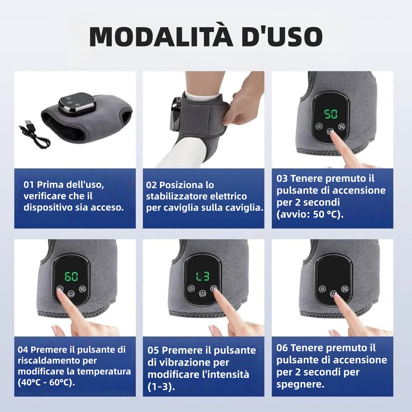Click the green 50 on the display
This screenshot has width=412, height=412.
point(330,114)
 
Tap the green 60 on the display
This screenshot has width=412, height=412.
point(71,276)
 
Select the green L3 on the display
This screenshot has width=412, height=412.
point(203,276)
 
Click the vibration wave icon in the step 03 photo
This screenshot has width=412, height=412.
point(341,127)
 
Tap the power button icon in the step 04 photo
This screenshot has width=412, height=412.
point(71,294)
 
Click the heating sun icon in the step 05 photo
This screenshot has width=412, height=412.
point(191,289)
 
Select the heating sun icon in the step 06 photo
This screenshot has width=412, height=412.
point(322,289)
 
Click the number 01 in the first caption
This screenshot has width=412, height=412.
point(29,185)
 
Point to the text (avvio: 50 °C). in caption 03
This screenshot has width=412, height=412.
point(310,214)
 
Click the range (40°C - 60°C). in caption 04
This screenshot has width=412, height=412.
point(46,382)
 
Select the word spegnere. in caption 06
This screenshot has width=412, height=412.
point(300,384)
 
